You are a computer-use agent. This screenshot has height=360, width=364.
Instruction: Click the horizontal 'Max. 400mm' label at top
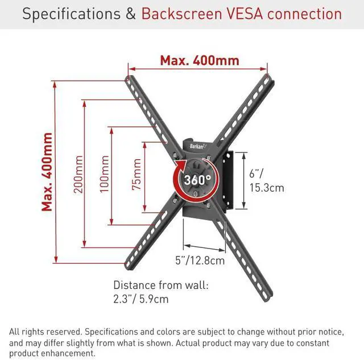(199, 60)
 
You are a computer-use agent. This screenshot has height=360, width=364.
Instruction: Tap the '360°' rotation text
(197, 180)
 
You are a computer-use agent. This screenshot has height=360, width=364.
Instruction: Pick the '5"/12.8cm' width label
(200, 261)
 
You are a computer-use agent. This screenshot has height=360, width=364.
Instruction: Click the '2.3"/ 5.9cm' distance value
(141, 299)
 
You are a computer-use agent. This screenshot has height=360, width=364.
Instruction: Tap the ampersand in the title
(130, 14)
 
